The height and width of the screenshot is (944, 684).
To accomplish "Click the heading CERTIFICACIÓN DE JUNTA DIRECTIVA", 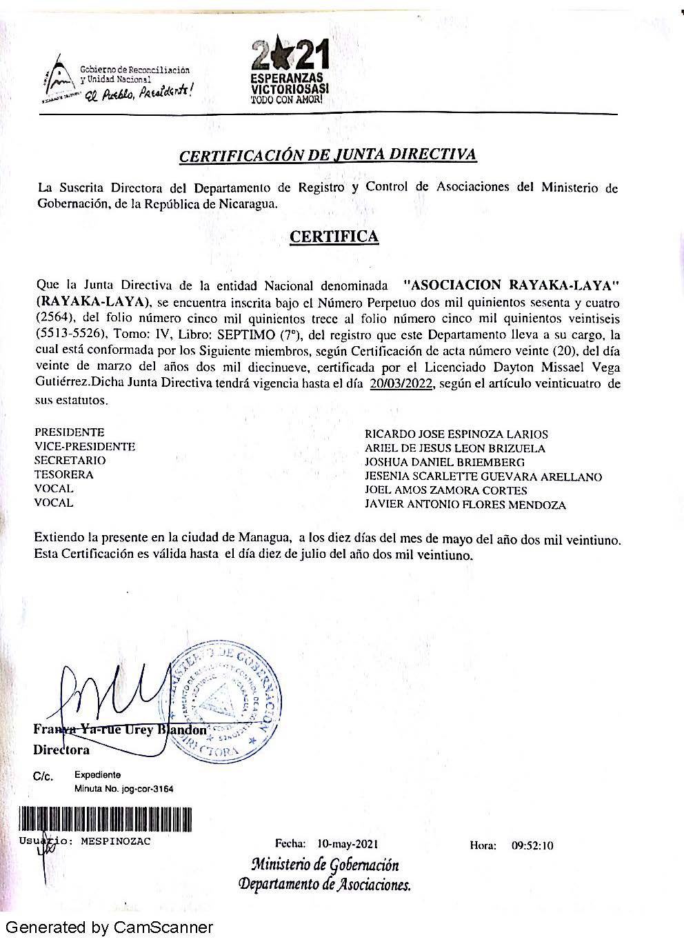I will pos(328,155).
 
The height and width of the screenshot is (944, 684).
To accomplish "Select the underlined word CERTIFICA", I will pos(334,237).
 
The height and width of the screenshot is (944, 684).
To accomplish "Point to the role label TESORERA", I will pos(64,474).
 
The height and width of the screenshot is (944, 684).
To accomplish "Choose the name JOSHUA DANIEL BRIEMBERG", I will pos(445,463).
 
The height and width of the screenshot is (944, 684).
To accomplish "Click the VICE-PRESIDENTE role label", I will pos(85,446).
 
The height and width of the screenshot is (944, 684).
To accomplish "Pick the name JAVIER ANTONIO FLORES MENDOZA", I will pos(465,505).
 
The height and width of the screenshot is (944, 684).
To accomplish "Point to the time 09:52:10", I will pos(532,845).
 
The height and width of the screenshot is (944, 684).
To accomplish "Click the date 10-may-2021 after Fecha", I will pos(348,843).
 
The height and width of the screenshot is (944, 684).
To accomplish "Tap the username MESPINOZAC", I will pos(116,841).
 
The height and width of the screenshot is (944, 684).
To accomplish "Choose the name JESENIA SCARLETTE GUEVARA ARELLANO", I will pos(483,476).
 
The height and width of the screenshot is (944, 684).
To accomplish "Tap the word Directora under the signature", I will pos(61,750).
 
